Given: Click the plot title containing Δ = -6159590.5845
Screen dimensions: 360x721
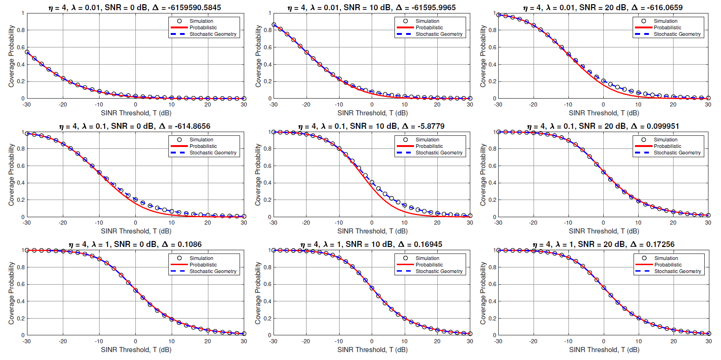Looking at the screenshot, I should click(x=135, y=7).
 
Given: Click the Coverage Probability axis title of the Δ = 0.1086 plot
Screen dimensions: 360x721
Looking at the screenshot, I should click(x=11, y=293).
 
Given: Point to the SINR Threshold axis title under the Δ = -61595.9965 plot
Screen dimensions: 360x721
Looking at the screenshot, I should click(x=371, y=113).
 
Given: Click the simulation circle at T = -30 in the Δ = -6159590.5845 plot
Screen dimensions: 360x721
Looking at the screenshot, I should click(x=27, y=52).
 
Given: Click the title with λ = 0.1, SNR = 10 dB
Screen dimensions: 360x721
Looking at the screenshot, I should click(x=371, y=126).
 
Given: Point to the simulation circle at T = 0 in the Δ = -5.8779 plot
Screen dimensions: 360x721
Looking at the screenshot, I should click(x=372, y=182).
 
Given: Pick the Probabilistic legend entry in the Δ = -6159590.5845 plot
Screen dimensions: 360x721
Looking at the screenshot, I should click(x=198, y=27).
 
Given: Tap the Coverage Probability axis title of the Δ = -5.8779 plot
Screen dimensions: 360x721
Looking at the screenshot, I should click(x=259, y=174).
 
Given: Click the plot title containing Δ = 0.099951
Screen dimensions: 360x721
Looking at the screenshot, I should click(x=603, y=126).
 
